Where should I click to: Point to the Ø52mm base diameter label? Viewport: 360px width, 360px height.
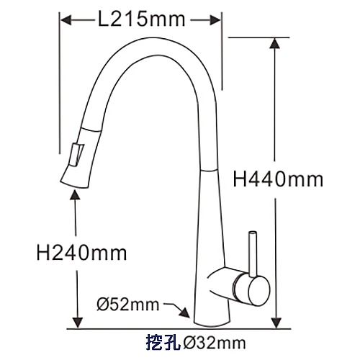[127, 305]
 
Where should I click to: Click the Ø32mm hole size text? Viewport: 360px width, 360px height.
[214, 341]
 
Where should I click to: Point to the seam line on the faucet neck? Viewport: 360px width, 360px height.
[207, 171]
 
